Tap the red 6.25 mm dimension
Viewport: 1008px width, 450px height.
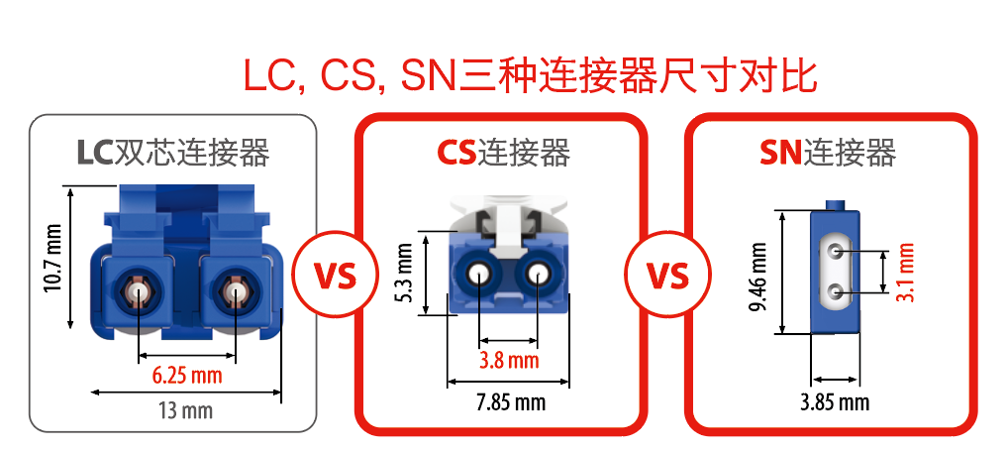[x=186, y=377]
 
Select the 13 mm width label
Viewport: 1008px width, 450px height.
[x=185, y=409]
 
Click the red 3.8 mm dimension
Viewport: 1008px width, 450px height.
[x=508, y=360]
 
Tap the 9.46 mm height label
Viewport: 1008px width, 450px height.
[x=758, y=274]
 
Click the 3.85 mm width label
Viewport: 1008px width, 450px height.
[x=835, y=401]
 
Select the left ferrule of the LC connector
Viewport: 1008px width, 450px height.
[x=138, y=291]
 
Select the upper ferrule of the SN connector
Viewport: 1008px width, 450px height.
[x=836, y=252]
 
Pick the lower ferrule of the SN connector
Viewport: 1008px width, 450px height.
[x=836, y=291]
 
